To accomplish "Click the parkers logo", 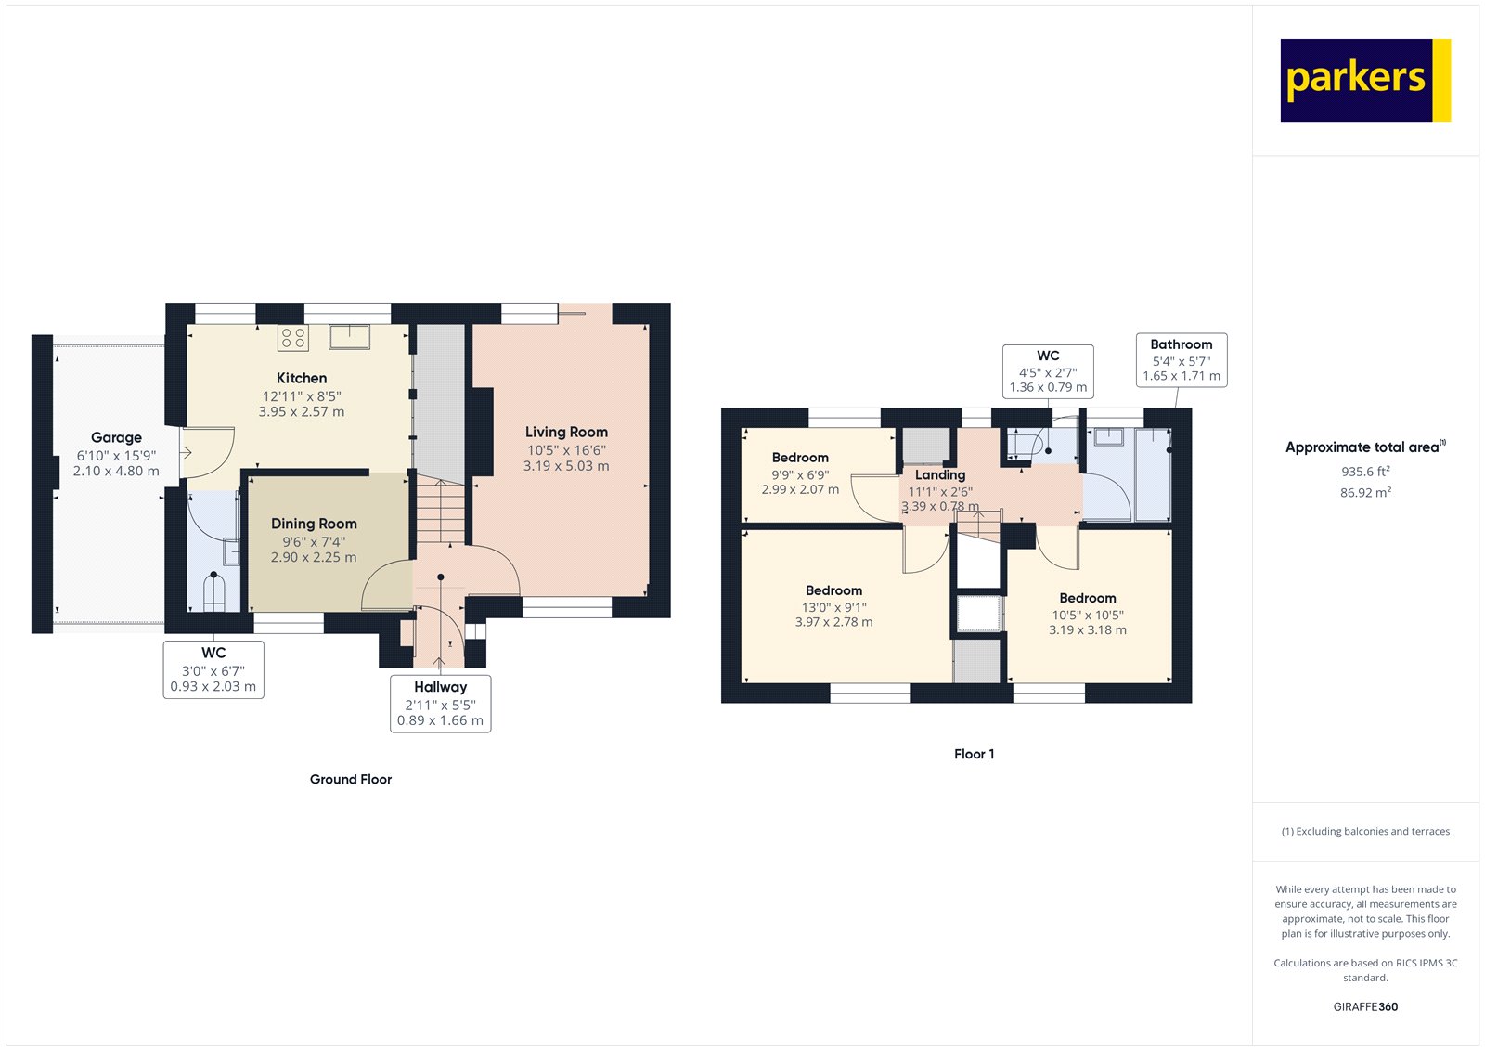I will tap(1364, 80).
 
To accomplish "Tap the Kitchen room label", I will tap(302, 378).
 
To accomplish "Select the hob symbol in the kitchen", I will tap(293, 338).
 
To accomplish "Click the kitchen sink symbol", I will tap(350, 335).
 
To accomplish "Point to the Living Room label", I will tap(566, 432).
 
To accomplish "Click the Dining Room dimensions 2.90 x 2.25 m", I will tap(314, 557).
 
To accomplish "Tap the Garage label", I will tap(116, 437).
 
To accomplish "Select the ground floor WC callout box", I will tap(213, 669).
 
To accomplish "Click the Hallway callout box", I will tap(440, 704).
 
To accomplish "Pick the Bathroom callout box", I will tap(1182, 360).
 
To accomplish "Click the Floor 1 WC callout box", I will tap(1048, 371).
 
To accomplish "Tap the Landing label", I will tap(940, 474).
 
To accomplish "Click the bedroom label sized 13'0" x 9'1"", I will tap(833, 590).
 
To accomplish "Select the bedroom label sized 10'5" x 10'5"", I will tap(1088, 598).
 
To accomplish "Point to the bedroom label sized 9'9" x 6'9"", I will tap(800, 458).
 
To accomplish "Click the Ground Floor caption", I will tap(351, 779).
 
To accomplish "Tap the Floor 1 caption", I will tap(974, 754).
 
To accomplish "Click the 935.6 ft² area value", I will tap(1364, 472).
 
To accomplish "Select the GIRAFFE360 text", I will tap(1365, 1006).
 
